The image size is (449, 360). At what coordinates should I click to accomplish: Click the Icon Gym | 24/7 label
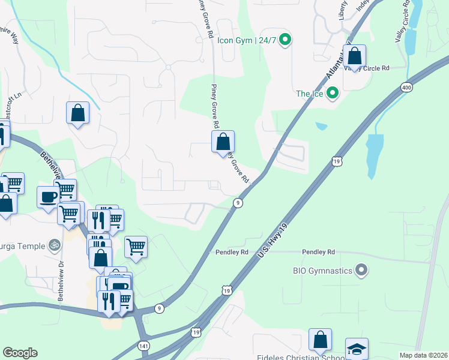pyautogui.click(x=246, y=41)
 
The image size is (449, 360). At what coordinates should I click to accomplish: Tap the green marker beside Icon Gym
pyautogui.click(x=286, y=41)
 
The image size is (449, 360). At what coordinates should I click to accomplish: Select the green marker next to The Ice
pyautogui.click(x=331, y=94)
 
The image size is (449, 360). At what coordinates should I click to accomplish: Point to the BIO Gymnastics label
pyautogui.click(x=322, y=271)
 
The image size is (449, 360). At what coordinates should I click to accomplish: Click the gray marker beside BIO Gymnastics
pyautogui.click(x=361, y=271)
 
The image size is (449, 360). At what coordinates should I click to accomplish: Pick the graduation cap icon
pyautogui.click(x=357, y=349)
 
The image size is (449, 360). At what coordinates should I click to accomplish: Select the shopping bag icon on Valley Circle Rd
pyautogui.click(x=355, y=56)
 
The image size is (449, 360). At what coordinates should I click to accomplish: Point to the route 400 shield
pyautogui.click(x=407, y=88)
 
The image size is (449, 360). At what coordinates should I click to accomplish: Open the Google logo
pyautogui.click(x=20, y=353)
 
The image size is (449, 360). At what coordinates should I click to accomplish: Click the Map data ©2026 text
pyautogui.click(x=423, y=355)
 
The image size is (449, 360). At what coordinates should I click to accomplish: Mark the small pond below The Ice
pyautogui.click(x=321, y=127)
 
